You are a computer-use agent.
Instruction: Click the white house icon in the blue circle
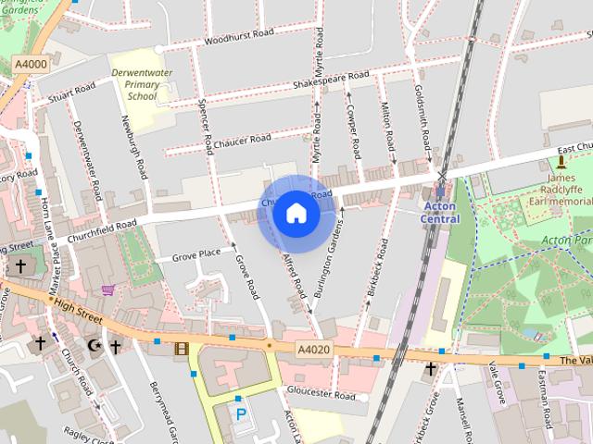296,214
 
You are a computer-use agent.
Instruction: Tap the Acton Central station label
440,212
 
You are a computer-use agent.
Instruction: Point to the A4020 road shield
314,349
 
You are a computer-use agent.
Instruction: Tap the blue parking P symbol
241,413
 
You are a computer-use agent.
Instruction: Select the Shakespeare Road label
331,80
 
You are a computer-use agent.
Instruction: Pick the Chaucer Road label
241,140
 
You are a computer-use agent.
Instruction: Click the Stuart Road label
73,91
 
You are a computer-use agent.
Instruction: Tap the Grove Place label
196,252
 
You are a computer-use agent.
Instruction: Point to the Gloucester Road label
322,395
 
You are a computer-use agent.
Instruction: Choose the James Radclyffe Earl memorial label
559,190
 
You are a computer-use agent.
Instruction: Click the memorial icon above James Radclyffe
561,161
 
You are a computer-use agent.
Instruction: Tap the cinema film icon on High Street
180,348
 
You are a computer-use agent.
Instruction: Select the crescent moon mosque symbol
92,346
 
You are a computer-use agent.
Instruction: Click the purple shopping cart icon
108,290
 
